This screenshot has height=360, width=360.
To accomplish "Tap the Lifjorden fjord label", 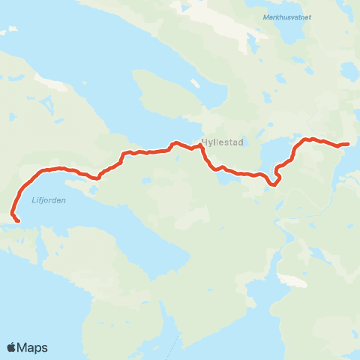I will pyautogui.click(x=49, y=199).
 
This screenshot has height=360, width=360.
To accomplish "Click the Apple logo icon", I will pyautogui.click(x=13, y=347).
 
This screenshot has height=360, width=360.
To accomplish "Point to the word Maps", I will pyautogui.click(x=34, y=347).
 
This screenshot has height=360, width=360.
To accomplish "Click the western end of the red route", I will pyautogui.click(x=17, y=220).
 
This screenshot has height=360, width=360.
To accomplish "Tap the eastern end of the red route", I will pyautogui.click(x=348, y=143).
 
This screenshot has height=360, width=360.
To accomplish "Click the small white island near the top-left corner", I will pyautogui.click(x=10, y=31).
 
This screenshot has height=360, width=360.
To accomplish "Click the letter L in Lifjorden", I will pyautogui.click(x=34, y=199).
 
